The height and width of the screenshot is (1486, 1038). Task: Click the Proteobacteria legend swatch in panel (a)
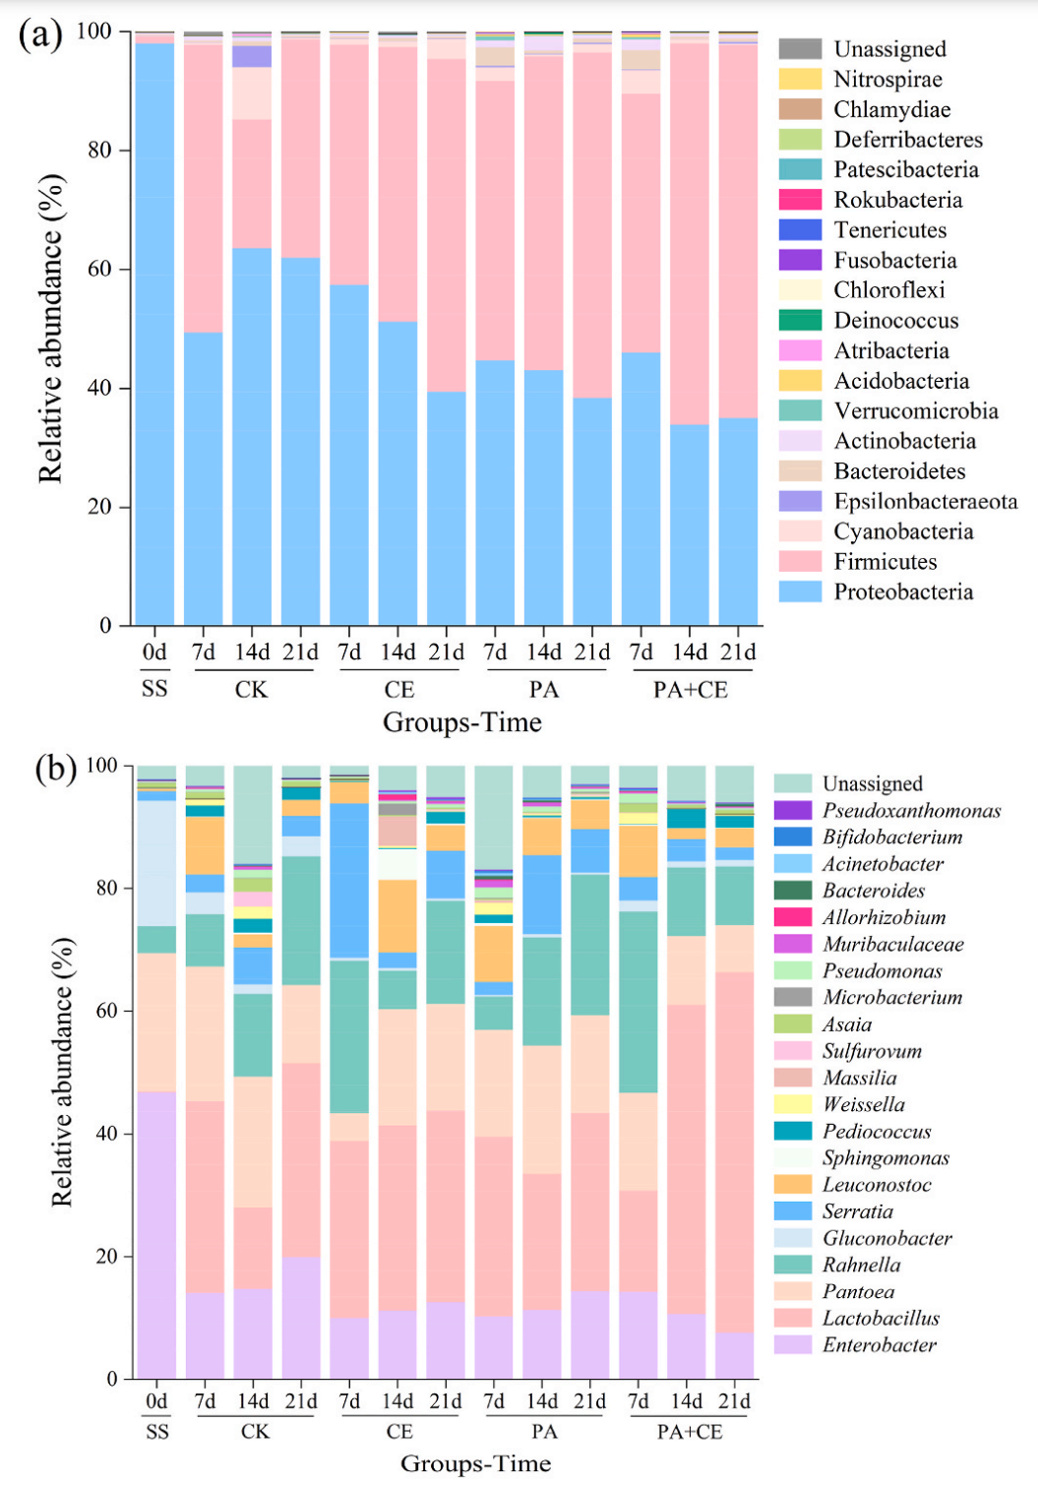pos(799,591)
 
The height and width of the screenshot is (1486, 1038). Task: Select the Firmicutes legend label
pos(885,562)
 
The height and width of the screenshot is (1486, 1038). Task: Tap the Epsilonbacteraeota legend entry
pos(925,501)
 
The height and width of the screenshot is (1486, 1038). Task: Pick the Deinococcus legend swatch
pos(799,320)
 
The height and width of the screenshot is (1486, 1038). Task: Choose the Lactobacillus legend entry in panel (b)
pos(881,1318)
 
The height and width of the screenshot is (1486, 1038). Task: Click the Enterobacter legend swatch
pos(792,1344)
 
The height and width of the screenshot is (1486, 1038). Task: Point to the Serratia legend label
pos(858,1211)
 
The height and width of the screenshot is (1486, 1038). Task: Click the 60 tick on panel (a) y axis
pos(101,270)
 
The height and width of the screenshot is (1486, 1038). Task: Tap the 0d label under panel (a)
pos(154,652)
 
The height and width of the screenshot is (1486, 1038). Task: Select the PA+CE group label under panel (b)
pos(690,1432)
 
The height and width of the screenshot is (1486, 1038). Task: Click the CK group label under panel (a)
pos(251,690)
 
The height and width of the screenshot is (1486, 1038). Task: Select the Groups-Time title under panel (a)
pos(461,723)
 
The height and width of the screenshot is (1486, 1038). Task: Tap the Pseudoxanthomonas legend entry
pos(911,811)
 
